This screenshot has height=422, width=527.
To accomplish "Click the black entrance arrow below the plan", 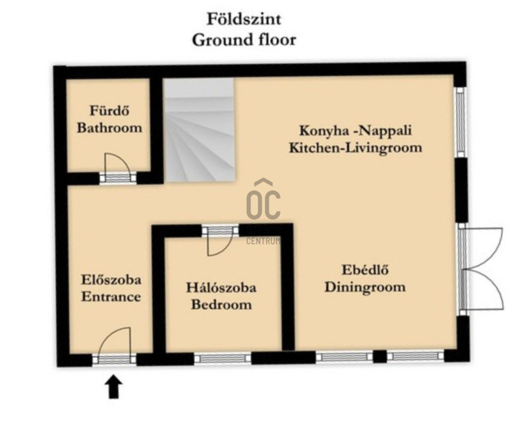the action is pyautogui.click(x=113, y=387).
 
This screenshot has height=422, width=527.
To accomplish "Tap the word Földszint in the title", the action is pyautogui.click(x=244, y=19).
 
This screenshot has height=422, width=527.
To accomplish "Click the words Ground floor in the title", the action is pyautogui.click(x=244, y=40).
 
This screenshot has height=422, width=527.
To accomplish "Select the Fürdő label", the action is pyautogui.click(x=109, y=110).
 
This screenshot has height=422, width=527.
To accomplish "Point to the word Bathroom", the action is pyautogui.click(x=109, y=128).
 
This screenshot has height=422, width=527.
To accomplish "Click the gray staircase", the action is pyautogui.click(x=200, y=131).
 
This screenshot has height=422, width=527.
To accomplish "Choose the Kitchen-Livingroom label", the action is pyautogui.click(x=356, y=148).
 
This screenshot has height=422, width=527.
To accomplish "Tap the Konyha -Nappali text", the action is pyautogui.click(x=356, y=131).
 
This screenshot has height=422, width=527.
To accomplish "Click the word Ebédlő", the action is pyautogui.click(x=366, y=270).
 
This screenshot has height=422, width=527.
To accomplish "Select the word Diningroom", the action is pyautogui.click(x=365, y=287).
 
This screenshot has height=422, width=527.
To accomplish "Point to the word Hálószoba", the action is pyautogui.click(x=221, y=287).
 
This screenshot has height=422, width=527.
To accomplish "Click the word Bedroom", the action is pyautogui.click(x=221, y=305).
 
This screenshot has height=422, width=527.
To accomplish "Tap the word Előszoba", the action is pyautogui.click(x=111, y=280).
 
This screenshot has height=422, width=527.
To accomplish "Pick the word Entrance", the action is pyautogui.click(x=111, y=297).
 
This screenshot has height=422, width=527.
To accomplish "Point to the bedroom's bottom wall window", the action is pyautogui.click(x=223, y=359).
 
